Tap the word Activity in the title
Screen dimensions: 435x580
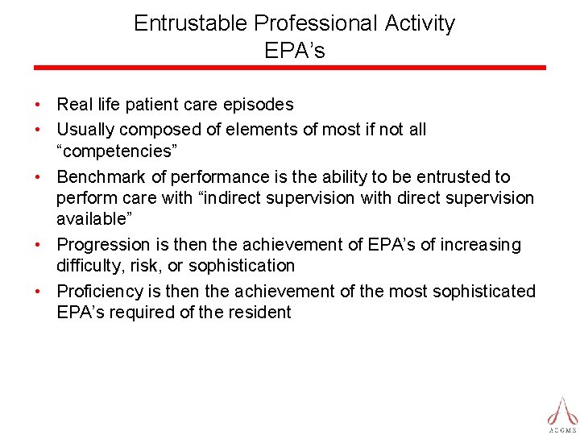[420, 23]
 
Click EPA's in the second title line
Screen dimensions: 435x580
[294, 51]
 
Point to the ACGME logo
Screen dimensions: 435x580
[562, 412]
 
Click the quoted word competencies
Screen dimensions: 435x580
[114, 151]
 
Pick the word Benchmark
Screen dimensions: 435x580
[98, 176]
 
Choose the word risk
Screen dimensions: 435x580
[149, 265]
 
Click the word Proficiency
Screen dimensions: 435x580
[101, 291]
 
